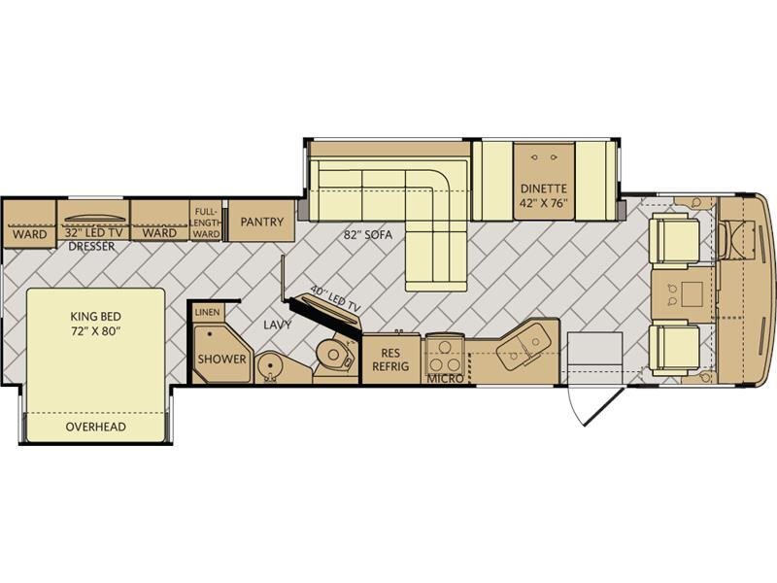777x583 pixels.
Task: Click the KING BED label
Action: (x=95, y=317)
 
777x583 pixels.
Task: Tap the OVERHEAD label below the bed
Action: (x=95, y=427)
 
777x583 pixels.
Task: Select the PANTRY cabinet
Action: (x=261, y=221)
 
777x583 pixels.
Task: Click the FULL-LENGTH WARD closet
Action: (x=206, y=221)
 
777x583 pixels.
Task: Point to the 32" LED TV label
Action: (x=93, y=232)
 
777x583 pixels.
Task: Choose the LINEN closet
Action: (x=207, y=312)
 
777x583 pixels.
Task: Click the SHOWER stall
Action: (x=222, y=354)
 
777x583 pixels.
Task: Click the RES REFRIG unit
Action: (x=391, y=359)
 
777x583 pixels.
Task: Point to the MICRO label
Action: (x=446, y=379)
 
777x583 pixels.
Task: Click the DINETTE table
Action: (x=544, y=181)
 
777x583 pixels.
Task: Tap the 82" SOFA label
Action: (x=368, y=234)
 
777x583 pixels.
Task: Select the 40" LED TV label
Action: (x=335, y=299)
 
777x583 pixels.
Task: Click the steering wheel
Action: (x=726, y=240)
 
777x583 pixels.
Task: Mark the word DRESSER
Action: (x=91, y=247)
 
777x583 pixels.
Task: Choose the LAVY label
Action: (x=278, y=326)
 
